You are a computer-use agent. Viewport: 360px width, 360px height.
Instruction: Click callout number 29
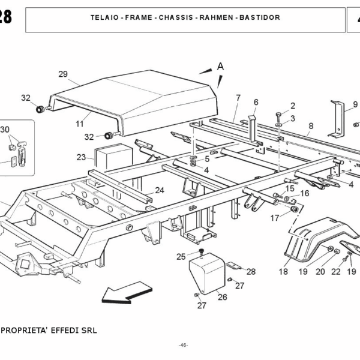point(62,74)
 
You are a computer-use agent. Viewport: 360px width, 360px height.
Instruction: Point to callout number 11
point(79,124)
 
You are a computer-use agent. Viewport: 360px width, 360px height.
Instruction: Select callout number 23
point(81,157)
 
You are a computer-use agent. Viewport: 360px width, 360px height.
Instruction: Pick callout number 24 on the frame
point(159,190)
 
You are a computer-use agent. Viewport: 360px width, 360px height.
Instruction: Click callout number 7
point(238,98)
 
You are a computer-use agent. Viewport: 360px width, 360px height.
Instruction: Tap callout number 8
point(310,126)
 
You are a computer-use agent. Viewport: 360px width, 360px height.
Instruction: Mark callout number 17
point(274,218)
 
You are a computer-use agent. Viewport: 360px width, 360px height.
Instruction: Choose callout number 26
point(222,296)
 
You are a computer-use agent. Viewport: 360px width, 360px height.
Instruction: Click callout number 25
point(181,257)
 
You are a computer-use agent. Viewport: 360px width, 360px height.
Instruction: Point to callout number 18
point(283,272)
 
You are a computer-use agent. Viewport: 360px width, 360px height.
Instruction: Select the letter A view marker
point(220,67)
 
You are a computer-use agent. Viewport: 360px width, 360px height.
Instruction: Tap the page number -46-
point(183,345)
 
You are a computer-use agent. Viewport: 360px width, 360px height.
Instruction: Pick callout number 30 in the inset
point(5,130)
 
